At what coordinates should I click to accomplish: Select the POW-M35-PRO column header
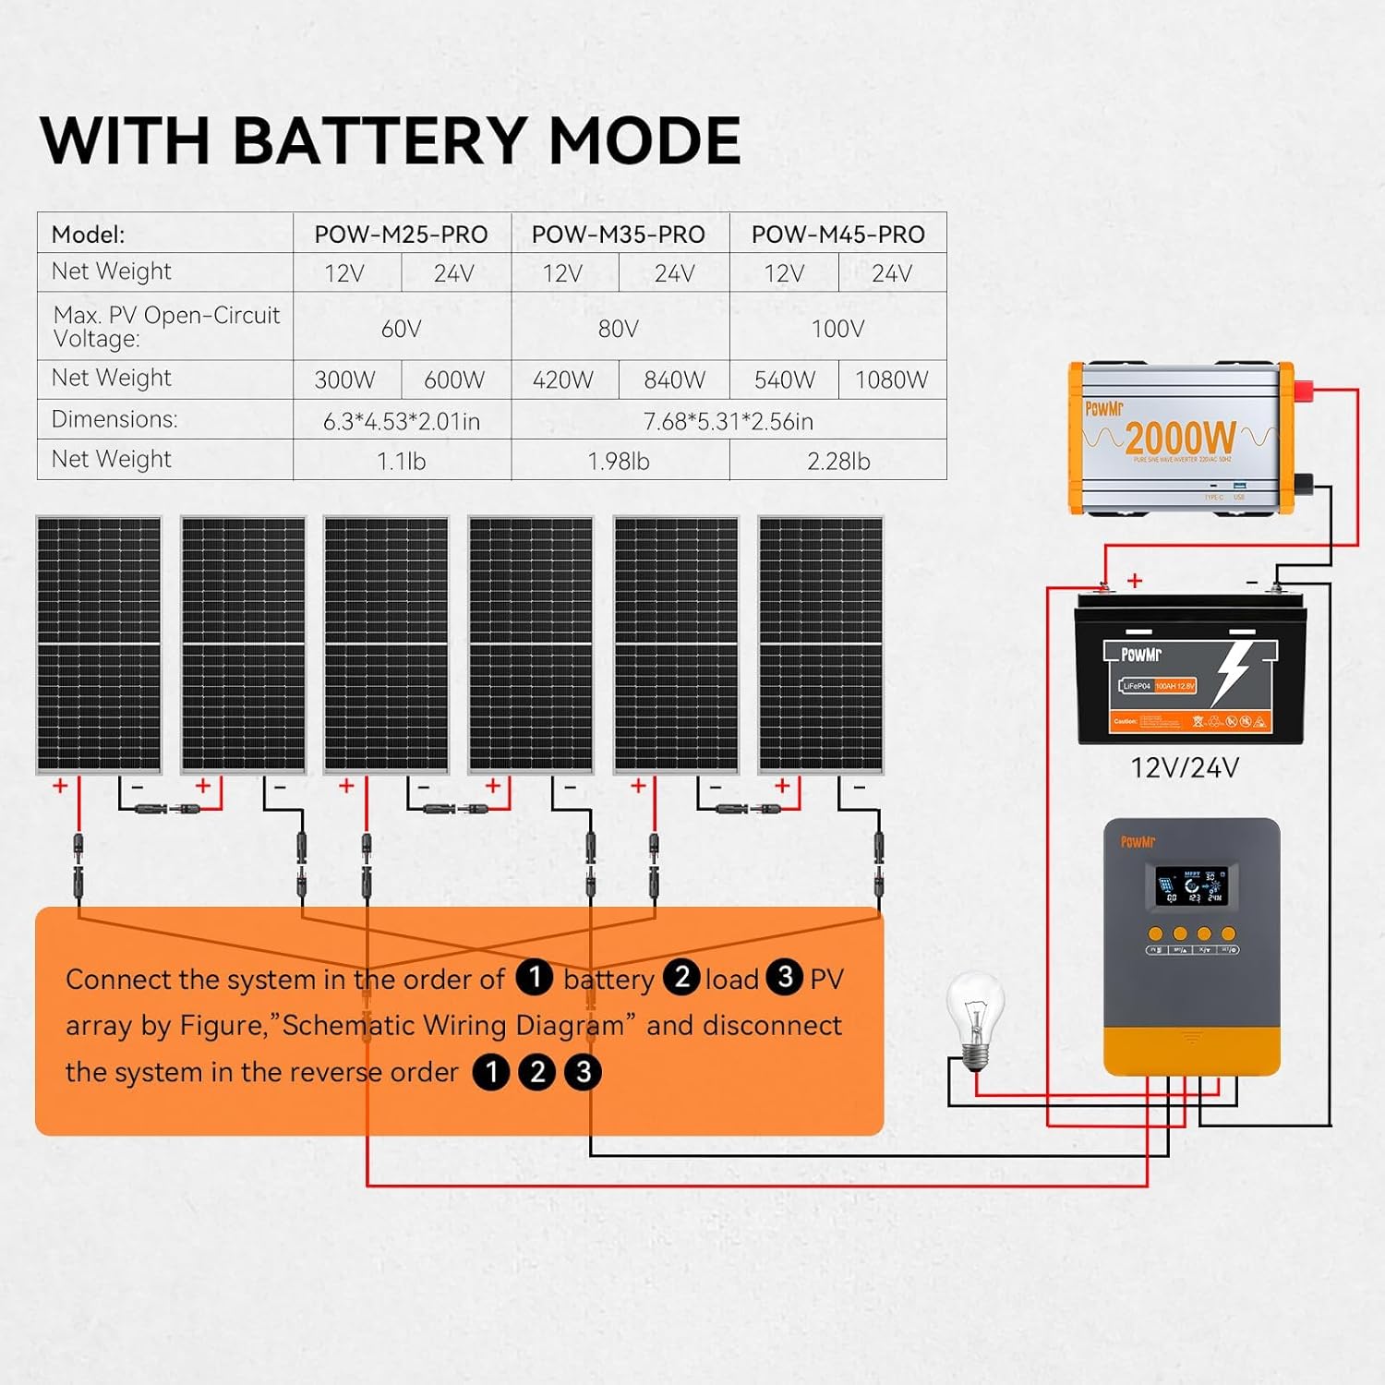(618, 235)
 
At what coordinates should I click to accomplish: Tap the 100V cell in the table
(837, 329)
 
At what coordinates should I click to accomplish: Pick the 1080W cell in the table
(891, 379)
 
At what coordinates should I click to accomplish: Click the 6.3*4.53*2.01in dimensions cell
(402, 421)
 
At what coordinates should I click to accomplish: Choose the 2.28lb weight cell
(837, 461)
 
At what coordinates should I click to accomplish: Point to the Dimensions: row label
(114, 419)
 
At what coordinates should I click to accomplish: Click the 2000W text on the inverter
(1180, 438)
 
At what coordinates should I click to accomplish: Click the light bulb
(975, 1016)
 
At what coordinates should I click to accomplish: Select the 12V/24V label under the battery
(1185, 767)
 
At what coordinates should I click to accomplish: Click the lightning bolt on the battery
(1233, 669)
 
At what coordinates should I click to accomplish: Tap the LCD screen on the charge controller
(1191, 885)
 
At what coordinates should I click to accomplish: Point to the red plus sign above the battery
(1135, 580)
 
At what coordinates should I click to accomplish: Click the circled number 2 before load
(682, 977)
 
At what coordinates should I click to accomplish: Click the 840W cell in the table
(674, 379)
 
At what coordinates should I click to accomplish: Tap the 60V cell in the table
(402, 329)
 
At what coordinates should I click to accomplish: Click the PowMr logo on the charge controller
(1138, 841)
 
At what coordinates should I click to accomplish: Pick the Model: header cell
(89, 235)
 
